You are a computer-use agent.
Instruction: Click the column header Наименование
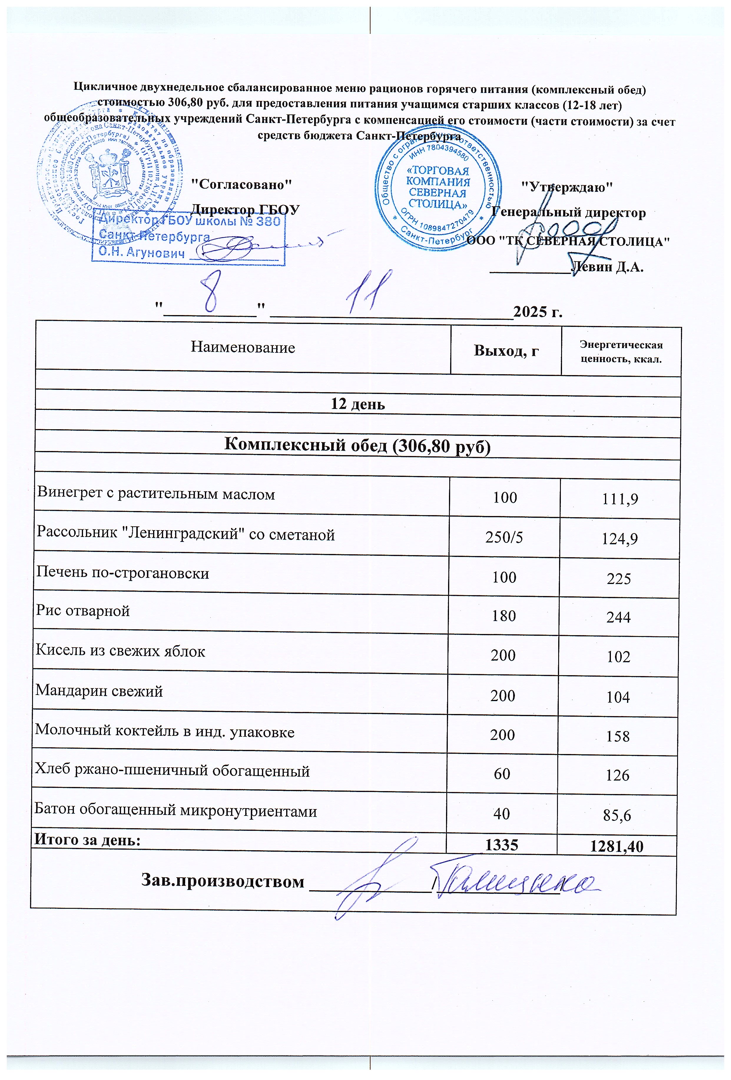243,348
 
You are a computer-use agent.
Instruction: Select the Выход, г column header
506,350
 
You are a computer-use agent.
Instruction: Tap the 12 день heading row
358,404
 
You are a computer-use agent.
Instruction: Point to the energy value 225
619,579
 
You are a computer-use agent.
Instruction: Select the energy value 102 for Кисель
619,657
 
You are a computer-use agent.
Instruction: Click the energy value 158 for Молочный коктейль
618,736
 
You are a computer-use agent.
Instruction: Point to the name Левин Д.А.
607,267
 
